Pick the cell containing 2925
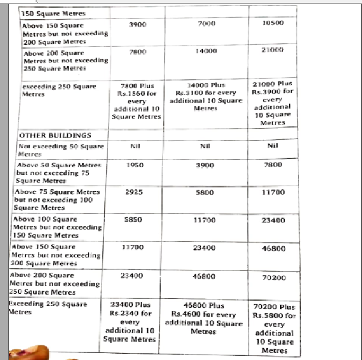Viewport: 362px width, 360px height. [136, 192]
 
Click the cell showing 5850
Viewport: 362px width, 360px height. [136, 219]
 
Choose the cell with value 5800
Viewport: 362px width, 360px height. [203, 192]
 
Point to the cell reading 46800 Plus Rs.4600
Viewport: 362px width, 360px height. [203, 319]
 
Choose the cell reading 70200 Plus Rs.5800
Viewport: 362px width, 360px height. [274, 329]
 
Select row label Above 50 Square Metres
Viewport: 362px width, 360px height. [59, 172]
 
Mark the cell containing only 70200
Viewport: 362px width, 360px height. [274, 276]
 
